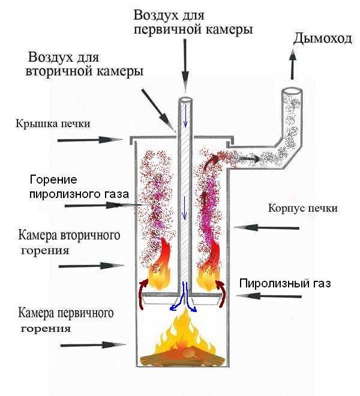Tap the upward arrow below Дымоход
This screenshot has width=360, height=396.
(293, 64)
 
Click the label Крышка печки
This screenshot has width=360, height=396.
(53, 124)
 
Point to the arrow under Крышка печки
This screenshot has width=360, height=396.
(90, 140)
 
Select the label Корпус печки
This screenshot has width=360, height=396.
(302, 209)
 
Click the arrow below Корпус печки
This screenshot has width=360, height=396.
(266, 227)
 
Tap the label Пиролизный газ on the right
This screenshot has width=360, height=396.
(285, 283)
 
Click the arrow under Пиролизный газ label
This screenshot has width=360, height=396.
(268, 296)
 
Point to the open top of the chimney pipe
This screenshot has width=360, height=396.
(292, 91)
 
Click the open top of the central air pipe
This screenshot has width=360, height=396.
(185, 100)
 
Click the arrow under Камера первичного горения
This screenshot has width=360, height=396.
(93, 345)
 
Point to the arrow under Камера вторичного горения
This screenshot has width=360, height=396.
(91, 266)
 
